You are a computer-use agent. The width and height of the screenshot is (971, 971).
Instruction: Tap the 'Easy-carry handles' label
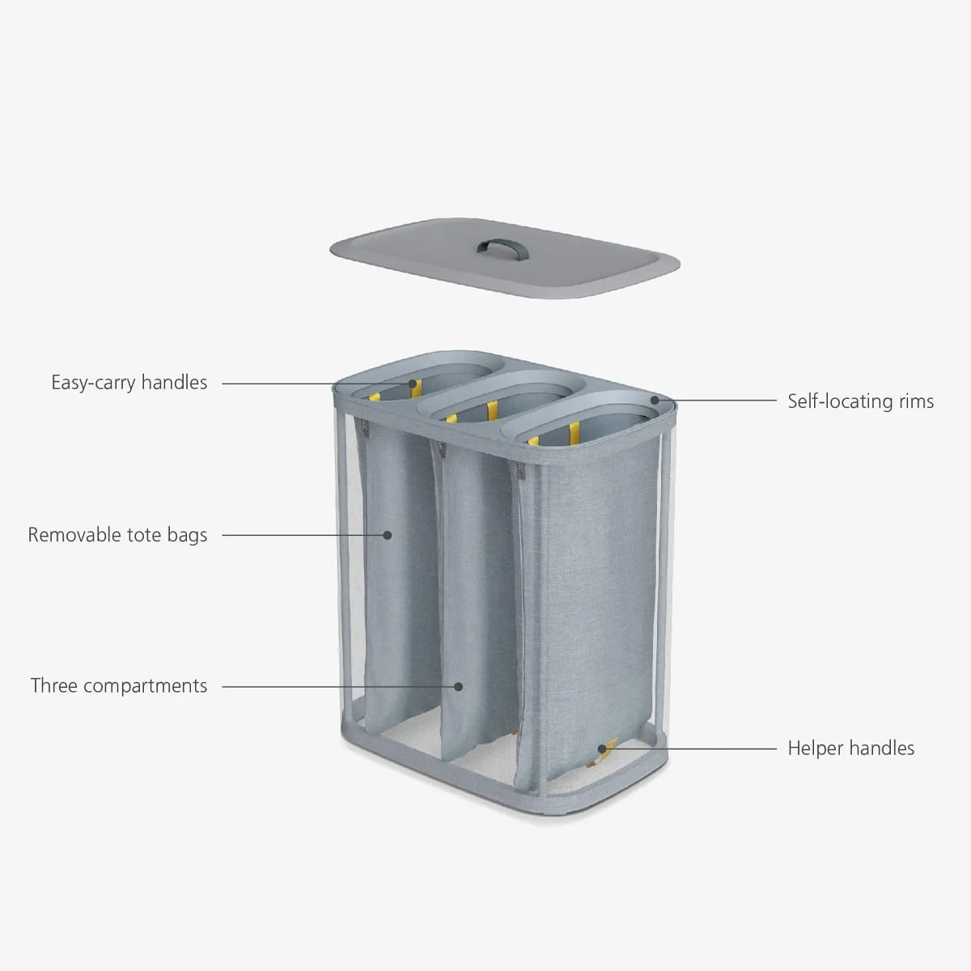point(129,383)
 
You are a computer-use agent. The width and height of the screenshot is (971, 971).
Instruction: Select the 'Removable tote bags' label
point(117,535)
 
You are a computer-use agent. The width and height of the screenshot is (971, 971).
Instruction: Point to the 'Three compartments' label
point(119,686)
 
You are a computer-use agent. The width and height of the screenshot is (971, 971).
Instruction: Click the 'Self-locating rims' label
point(861,401)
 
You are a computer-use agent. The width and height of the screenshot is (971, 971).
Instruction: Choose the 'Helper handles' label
point(851,748)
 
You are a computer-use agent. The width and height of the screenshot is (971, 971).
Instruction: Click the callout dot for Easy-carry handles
point(413,384)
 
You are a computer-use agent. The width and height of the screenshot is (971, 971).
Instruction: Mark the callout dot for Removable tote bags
point(388,535)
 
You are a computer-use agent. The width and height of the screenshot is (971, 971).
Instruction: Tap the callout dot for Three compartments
point(458,686)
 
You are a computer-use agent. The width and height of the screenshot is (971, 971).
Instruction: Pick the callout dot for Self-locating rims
point(655,400)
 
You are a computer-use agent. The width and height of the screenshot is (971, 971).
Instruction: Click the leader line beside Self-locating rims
point(720,401)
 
